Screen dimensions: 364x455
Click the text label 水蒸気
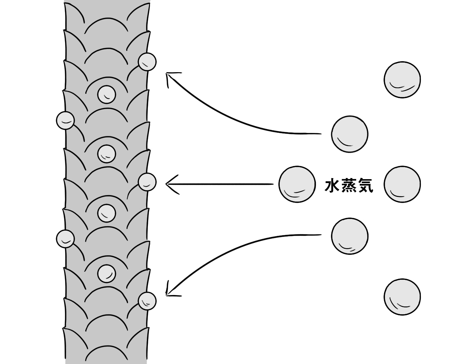click(x=349, y=186)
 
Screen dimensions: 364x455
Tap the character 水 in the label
click(x=333, y=186)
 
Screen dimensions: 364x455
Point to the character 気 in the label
click(x=365, y=186)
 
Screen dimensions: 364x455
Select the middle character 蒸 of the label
click(x=349, y=186)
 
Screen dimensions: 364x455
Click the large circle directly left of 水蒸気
click(x=297, y=184)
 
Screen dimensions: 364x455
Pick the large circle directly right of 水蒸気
click(x=402, y=184)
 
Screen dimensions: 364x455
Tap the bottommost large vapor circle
click(x=402, y=297)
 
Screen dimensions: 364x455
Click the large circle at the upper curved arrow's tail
click(x=349, y=134)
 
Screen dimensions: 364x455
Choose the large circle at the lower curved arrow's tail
click(x=349, y=236)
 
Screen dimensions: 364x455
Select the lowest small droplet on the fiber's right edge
click(x=147, y=301)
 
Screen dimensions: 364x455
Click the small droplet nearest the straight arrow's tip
click(x=147, y=182)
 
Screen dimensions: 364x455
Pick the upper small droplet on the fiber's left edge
click(x=65, y=120)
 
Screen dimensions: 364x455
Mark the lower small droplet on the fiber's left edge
click(x=65, y=238)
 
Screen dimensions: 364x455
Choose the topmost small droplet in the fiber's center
click(x=107, y=94)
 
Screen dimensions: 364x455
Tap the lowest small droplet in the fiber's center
click(x=107, y=273)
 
